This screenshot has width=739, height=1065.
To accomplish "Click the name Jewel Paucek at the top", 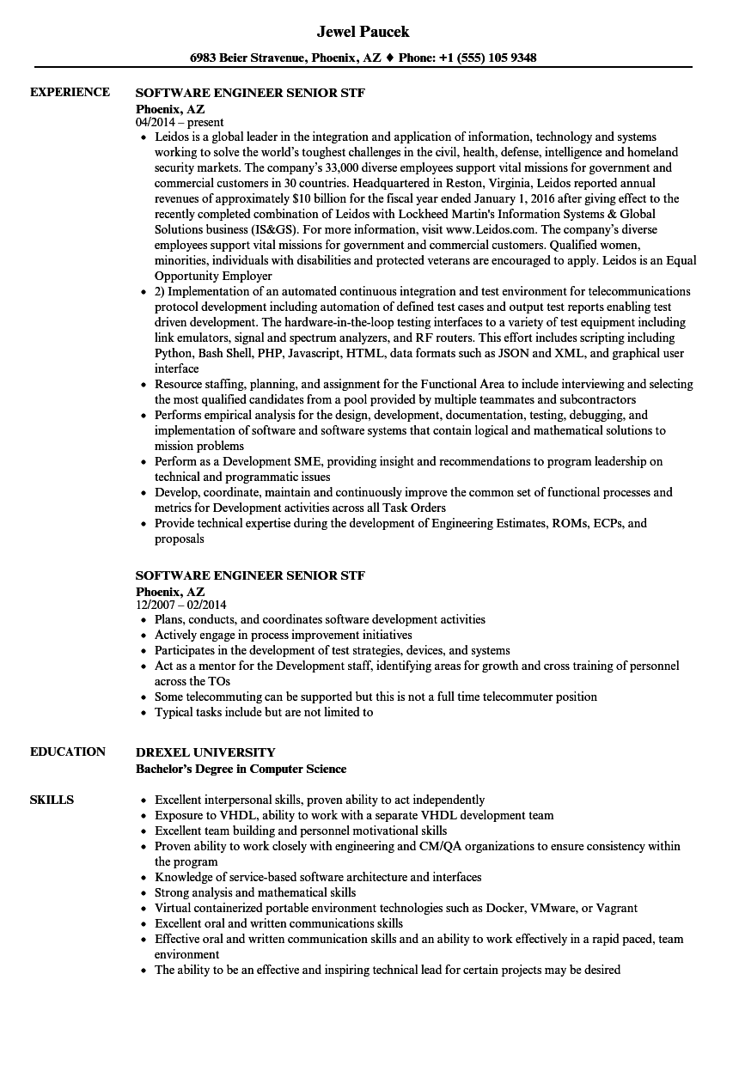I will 363,32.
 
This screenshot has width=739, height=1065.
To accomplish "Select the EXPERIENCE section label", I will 70,92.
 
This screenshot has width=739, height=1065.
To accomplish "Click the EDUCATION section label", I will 68,752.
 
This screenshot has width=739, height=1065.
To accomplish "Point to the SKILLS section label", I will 52,800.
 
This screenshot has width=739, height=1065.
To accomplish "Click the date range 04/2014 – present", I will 180,123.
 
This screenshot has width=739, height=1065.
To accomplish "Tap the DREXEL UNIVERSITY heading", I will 205,752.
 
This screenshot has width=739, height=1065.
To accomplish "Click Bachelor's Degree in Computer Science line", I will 241,769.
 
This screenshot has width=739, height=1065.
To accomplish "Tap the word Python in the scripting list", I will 174,353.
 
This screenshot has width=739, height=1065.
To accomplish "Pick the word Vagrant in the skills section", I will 615,908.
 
